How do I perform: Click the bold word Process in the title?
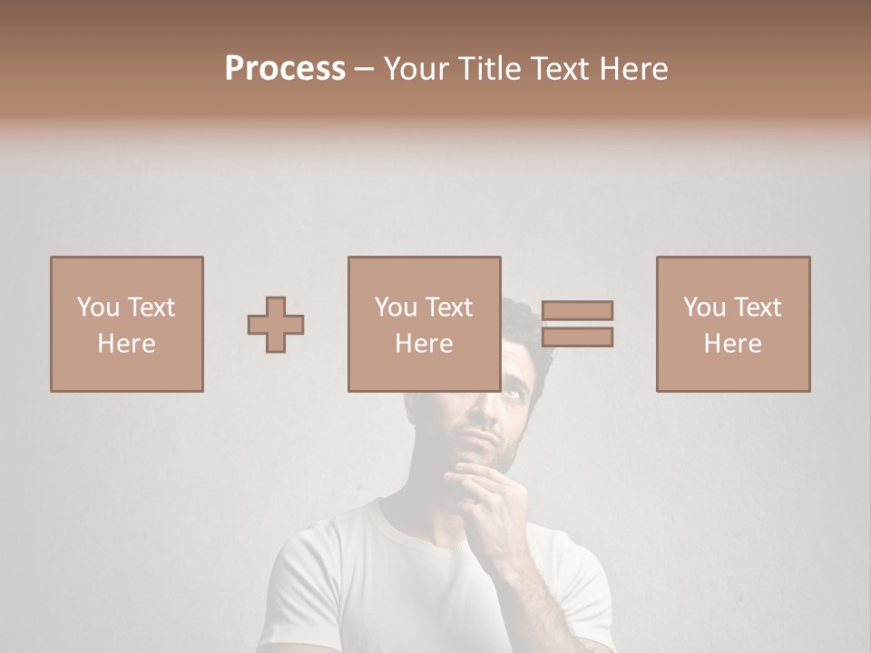pyautogui.click(x=285, y=68)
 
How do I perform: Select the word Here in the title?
pyautogui.click(x=632, y=68)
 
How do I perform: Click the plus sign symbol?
pyautogui.click(x=276, y=325)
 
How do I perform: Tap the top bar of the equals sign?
pyautogui.click(x=577, y=310)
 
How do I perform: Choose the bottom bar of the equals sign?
pyautogui.click(x=577, y=336)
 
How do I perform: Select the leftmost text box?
pyautogui.click(x=126, y=324)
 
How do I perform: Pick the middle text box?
pyautogui.click(x=424, y=324)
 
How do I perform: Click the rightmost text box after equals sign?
pyautogui.click(x=732, y=324)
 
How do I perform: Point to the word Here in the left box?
pyautogui.click(x=126, y=343)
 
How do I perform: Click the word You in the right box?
pyautogui.click(x=704, y=307)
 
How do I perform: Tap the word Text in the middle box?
pyautogui.click(x=449, y=307)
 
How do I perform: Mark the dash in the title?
pyautogui.click(x=364, y=69)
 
